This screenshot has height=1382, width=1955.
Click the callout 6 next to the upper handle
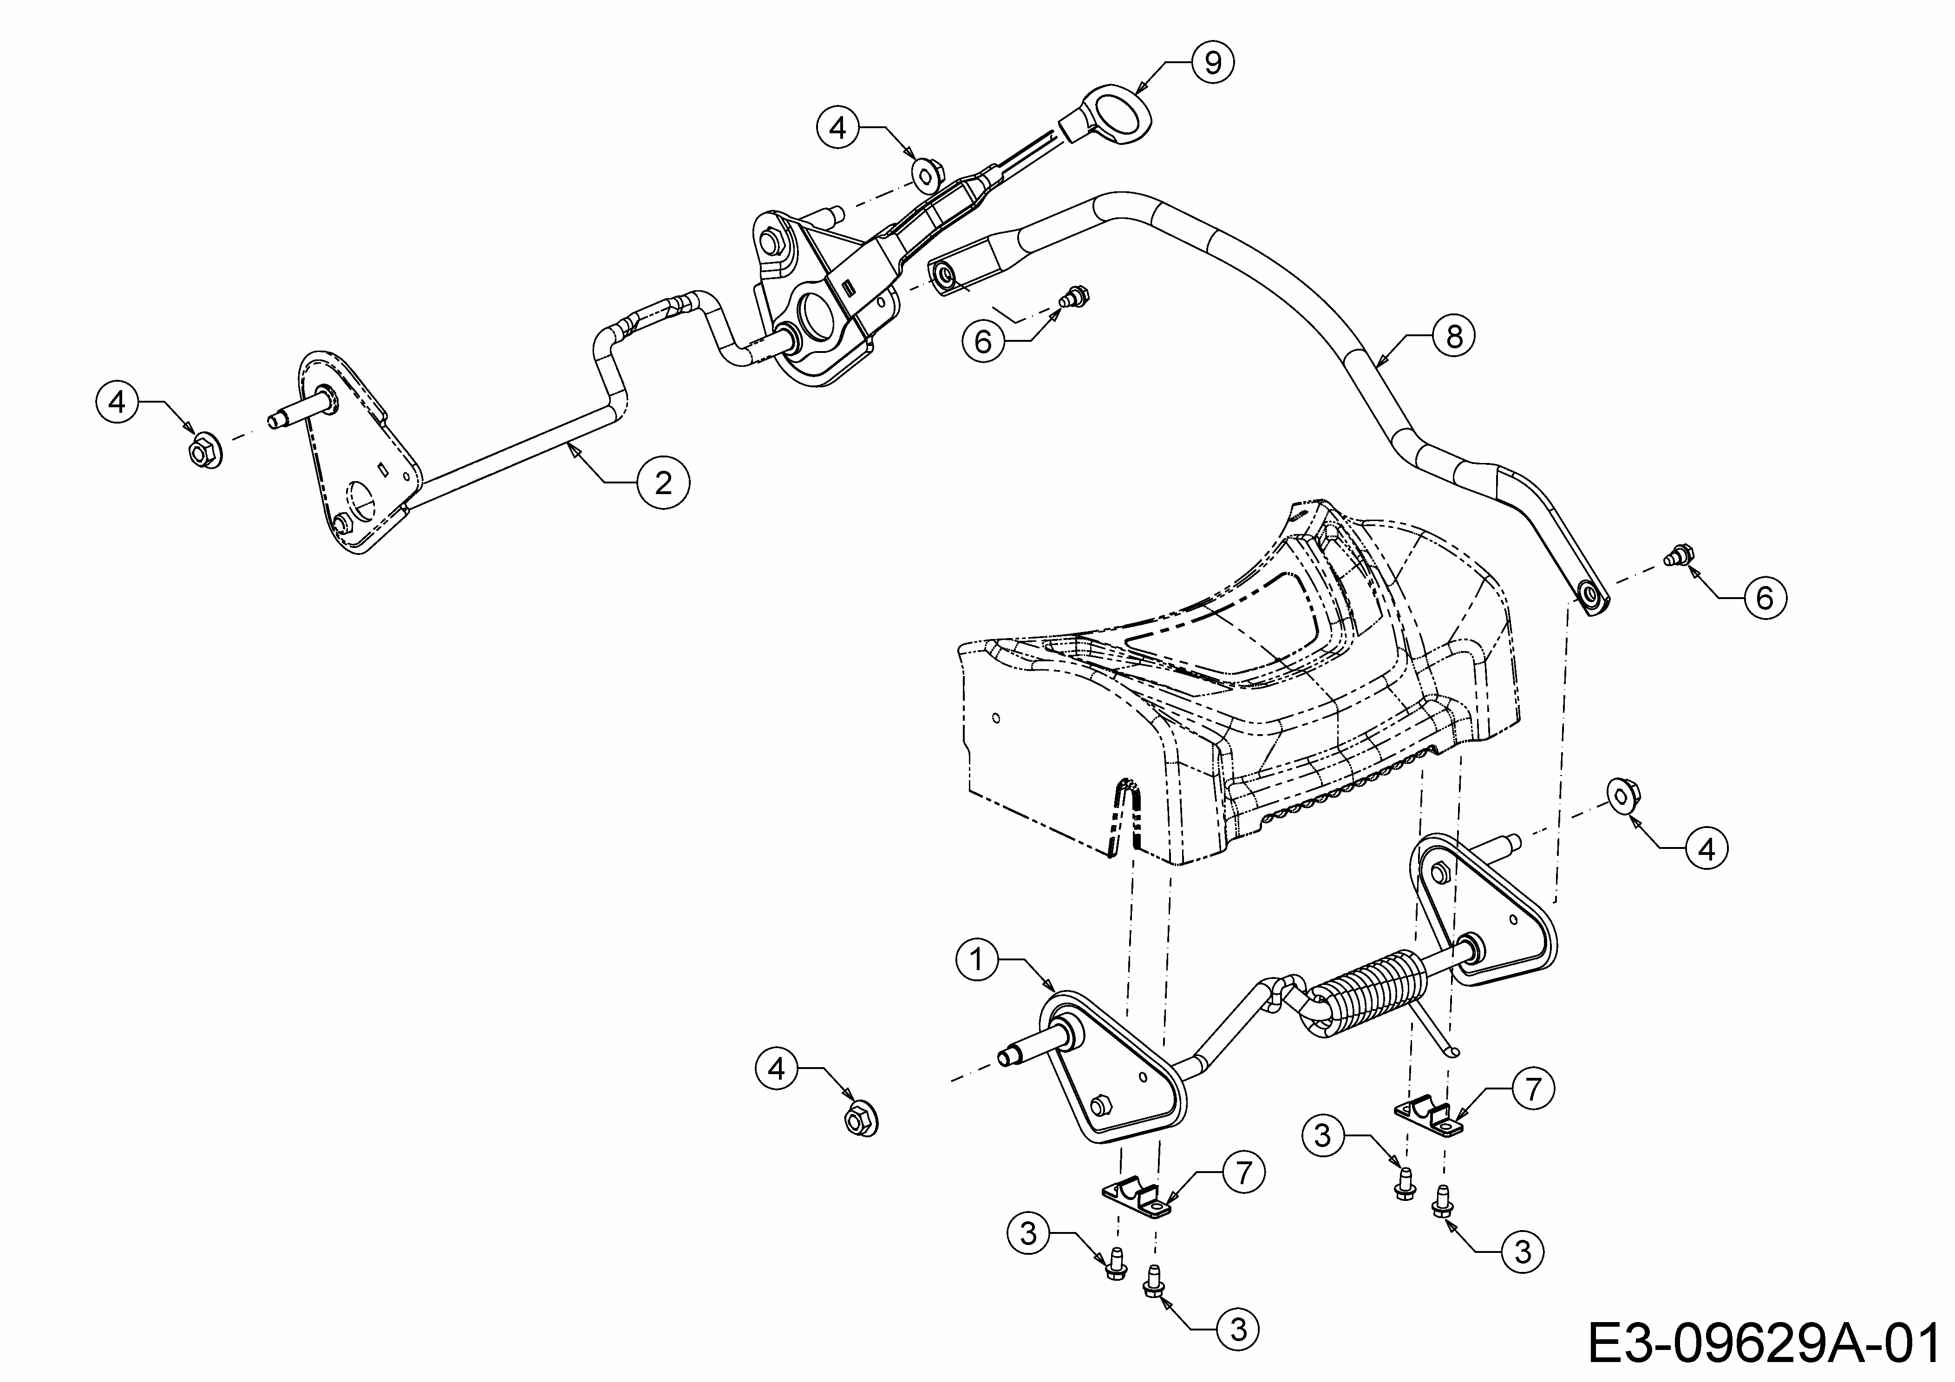click(x=983, y=342)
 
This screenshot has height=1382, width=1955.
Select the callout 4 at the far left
click(x=118, y=402)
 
